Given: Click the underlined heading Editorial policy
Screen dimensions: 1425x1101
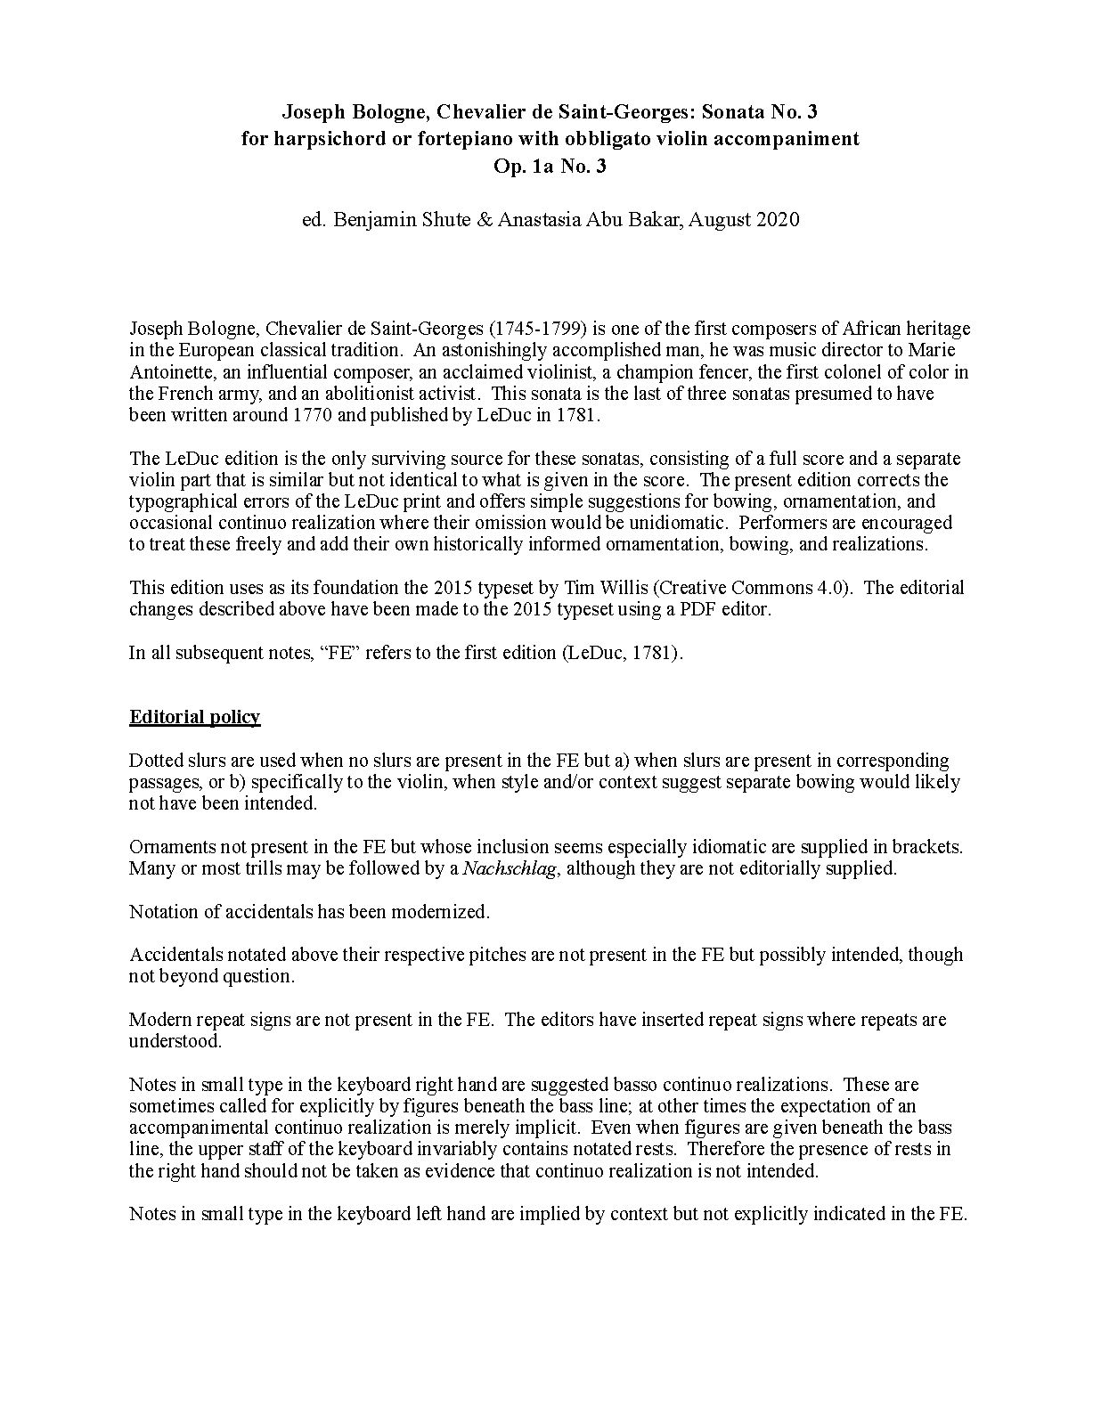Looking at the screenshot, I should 194,717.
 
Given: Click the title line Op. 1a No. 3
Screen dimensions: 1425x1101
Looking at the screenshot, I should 550,166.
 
